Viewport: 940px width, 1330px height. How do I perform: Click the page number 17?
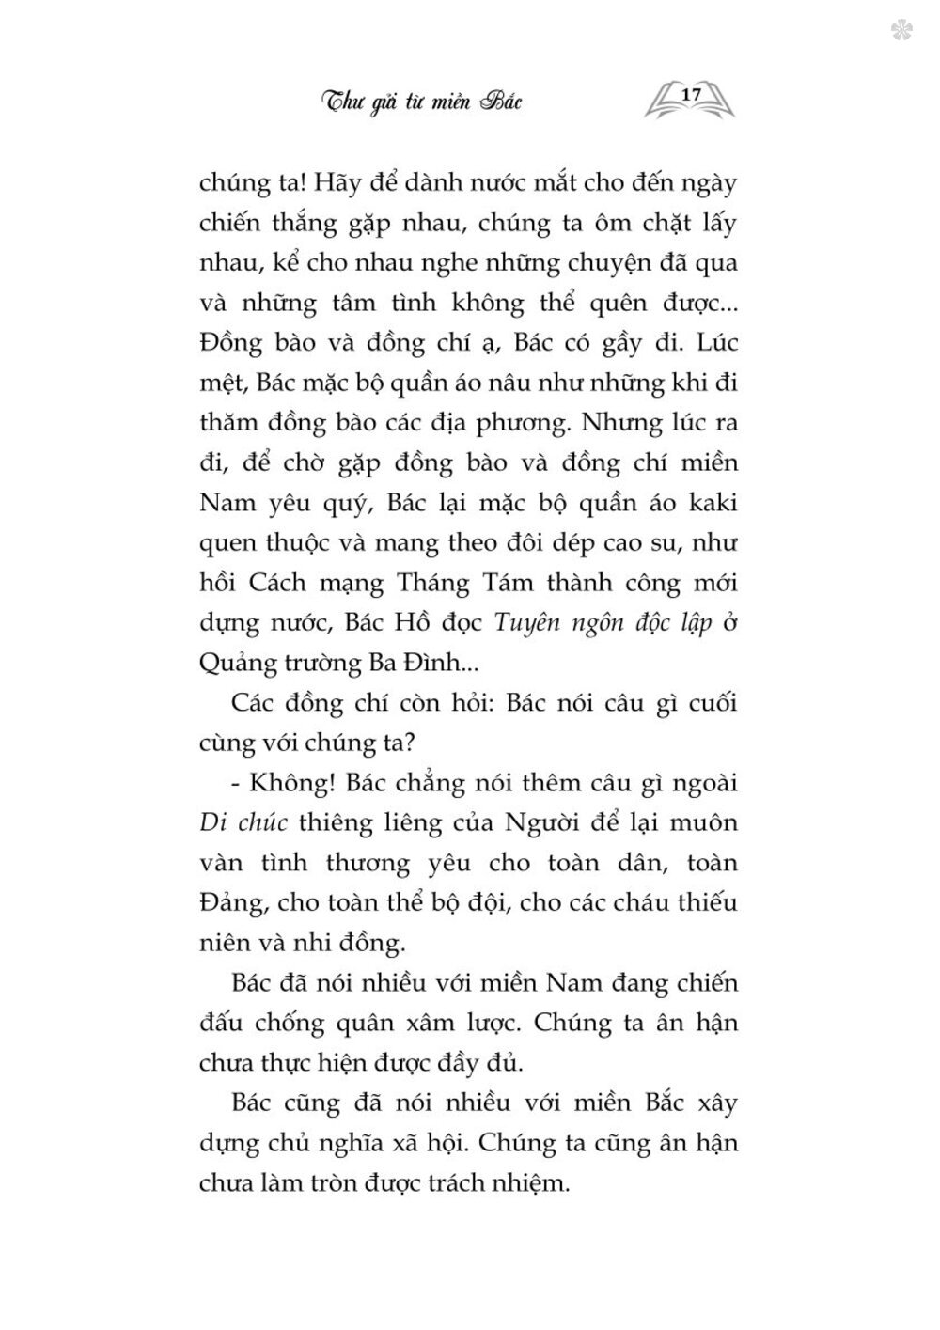691,95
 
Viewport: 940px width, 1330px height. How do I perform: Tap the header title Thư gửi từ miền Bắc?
421,101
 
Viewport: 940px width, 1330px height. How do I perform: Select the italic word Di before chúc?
213,822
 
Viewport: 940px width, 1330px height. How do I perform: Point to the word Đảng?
234,903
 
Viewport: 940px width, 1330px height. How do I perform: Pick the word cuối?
711,702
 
